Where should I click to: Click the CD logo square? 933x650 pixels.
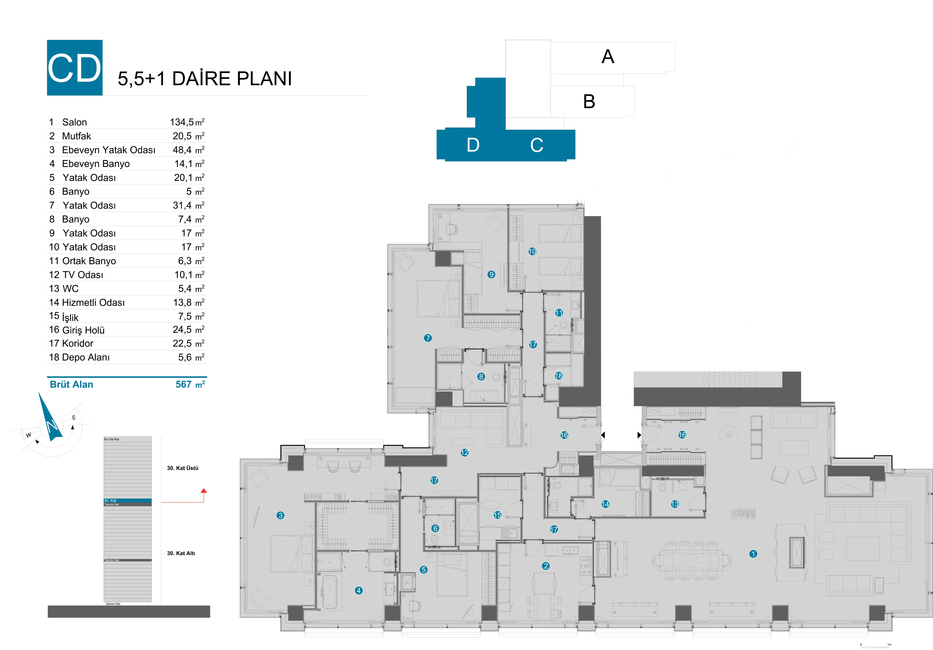click(75, 67)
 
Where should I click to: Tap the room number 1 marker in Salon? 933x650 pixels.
click(753, 554)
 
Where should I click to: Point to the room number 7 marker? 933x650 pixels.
click(427, 338)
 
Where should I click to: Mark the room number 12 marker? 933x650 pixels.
click(465, 452)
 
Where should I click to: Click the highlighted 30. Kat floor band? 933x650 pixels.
click(128, 500)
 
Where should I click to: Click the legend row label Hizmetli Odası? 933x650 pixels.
click(93, 302)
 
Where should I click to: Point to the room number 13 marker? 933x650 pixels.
click(675, 504)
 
